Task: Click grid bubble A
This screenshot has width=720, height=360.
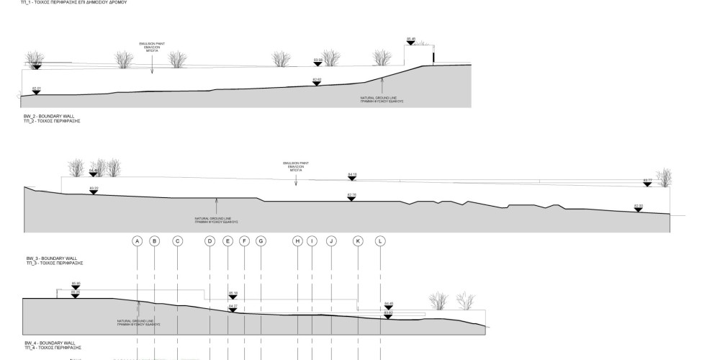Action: [137, 241]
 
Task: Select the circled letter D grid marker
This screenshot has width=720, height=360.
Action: [210, 241]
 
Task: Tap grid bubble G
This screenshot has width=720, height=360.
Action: [261, 241]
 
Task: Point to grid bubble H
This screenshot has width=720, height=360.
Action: [297, 241]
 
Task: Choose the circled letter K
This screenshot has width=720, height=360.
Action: [357, 241]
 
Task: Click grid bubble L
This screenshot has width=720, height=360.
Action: [380, 241]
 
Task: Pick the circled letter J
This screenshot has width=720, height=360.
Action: [331, 241]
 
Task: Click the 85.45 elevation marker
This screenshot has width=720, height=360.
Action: [411, 42]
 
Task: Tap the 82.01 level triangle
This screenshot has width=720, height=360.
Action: [37, 92]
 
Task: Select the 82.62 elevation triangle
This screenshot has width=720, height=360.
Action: [316, 83]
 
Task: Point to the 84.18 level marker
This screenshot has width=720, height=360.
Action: [351, 179]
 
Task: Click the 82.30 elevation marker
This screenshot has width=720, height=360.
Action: [638, 210]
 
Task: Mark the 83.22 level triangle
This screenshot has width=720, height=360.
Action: [94, 192]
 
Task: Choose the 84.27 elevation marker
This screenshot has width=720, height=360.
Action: [233, 310]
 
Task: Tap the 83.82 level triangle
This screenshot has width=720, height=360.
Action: [388, 317]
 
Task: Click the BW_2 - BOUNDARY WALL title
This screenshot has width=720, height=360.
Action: [45, 115]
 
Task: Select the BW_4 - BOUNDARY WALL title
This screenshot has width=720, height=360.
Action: [45, 343]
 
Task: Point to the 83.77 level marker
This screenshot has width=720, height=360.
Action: [647, 184]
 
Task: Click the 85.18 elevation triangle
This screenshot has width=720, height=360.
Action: [233, 297]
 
